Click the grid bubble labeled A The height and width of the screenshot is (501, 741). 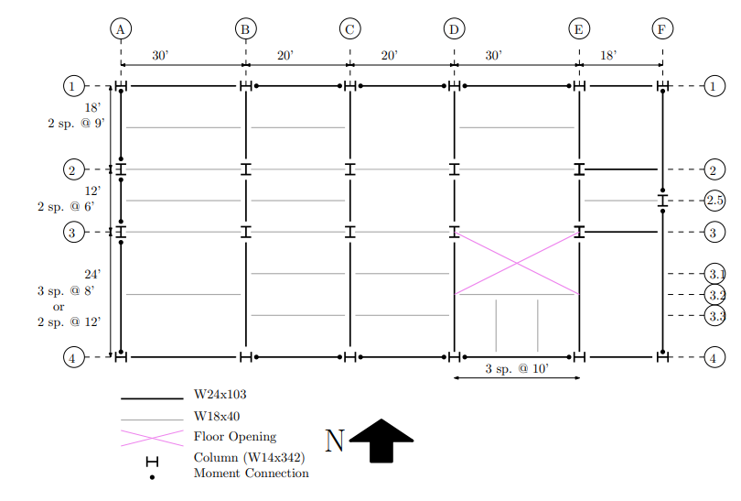point(121,29)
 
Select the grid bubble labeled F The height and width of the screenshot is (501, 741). point(661,29)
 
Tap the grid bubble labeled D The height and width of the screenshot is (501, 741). point(454,29)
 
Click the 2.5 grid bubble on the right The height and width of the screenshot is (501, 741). point(714,200)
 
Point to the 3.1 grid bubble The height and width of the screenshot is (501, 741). point(714,273)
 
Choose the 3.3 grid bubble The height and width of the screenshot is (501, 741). point(714,315)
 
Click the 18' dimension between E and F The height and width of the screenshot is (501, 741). point(608,56)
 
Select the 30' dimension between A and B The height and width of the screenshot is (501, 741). point(160,56)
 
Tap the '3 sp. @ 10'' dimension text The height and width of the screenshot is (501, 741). point(516,369)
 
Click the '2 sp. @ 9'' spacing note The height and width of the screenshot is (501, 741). point(77,123)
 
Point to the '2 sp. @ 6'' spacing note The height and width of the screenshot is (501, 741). point(66,207)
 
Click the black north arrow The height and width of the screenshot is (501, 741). point(381,441)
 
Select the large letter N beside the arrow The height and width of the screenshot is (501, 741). point(335,441)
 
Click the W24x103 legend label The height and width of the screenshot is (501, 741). point(220,396)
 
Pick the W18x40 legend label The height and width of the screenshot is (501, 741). point(217,417)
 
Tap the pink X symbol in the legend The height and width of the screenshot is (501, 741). point(152,437)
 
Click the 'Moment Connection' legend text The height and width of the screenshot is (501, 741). point(251,474)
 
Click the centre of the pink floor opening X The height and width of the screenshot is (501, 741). point(517,264)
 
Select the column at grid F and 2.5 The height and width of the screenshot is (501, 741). point(662,200)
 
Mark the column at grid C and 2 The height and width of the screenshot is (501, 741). point(349,169)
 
